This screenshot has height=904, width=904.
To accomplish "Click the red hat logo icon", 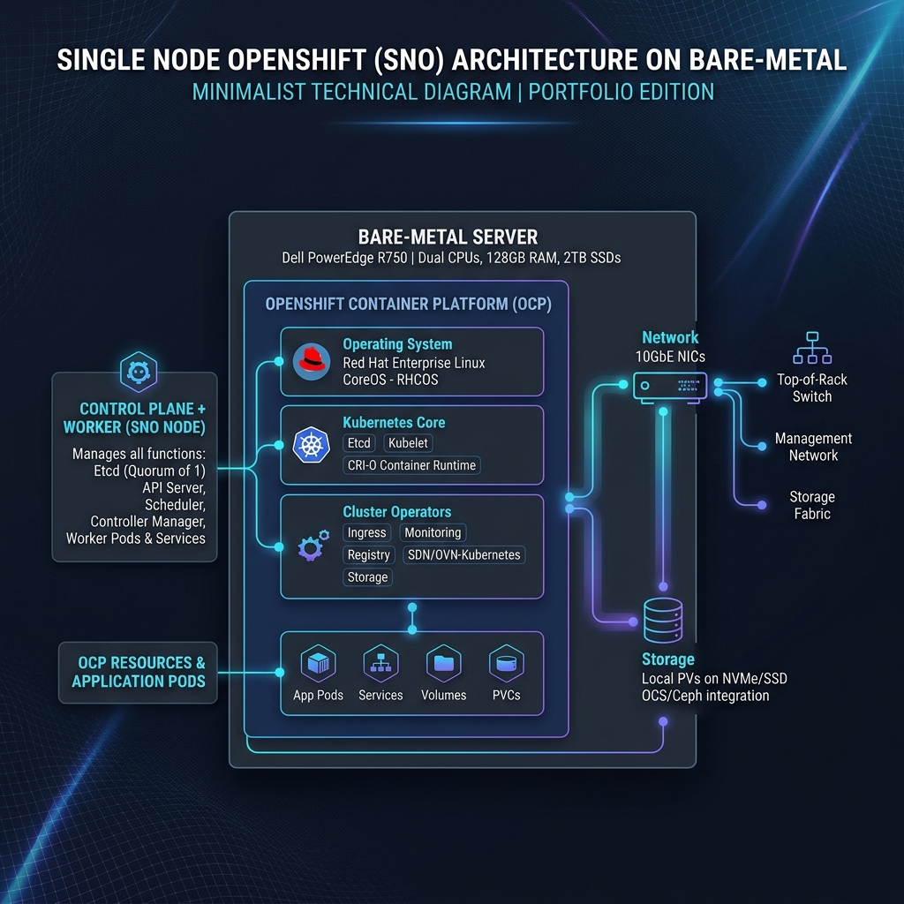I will pos(311,362).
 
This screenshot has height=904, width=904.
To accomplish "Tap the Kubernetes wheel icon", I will pos(311,444).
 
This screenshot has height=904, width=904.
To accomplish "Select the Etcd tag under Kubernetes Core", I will pos(359,443).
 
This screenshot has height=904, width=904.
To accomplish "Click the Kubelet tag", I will pos(409,443).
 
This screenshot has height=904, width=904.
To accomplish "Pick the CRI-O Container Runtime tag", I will pos(411,465).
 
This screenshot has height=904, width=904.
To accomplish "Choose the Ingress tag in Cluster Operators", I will pos(366,532).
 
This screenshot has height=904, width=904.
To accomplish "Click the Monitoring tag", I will pos(433,532).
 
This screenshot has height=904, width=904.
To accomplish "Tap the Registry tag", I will pos(368,554).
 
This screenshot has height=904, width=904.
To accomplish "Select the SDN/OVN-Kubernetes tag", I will pos(464,554).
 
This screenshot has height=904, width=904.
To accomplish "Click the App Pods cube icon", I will pos(318,663).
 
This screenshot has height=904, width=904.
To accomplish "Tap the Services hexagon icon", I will pos(380,663).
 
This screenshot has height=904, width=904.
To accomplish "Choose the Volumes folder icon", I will pos(443,663).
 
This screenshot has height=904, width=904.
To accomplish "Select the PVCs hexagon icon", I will pos(506,663).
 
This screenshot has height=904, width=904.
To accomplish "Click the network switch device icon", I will pos(670,386).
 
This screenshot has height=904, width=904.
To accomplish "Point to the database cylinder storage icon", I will pos(662,621).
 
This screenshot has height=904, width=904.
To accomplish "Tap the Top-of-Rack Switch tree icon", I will pos(811,348).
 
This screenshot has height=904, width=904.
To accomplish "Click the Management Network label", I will pos(813,447).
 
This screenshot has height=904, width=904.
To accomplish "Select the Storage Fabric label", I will pos(812,505).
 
